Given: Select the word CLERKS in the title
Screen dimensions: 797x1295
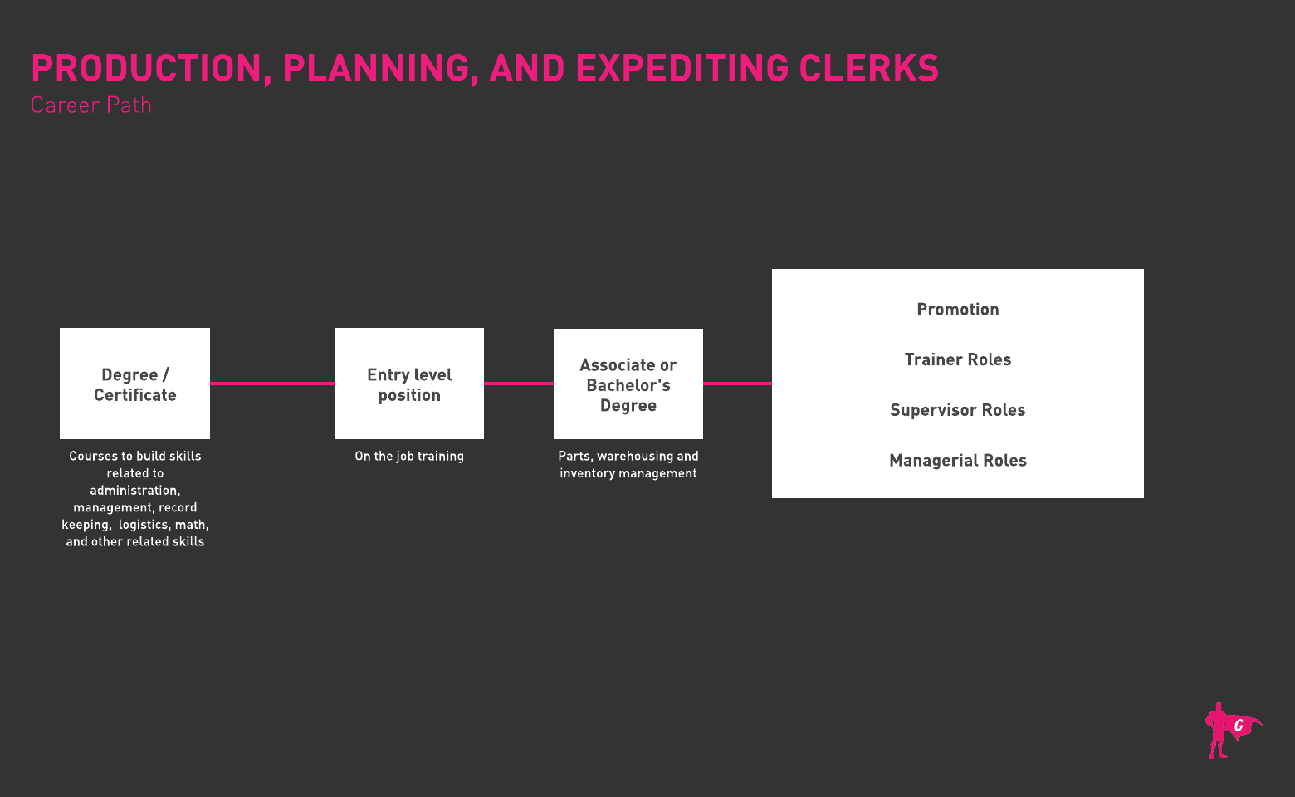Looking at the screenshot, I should click(868, 68).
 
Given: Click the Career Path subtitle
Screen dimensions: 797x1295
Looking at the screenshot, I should click(91, 105).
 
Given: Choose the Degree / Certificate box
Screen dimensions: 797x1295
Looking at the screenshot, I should click(134, 384).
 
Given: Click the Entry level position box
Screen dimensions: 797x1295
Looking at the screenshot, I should click(409, 384).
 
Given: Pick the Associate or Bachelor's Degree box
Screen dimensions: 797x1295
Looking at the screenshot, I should click(628, 384).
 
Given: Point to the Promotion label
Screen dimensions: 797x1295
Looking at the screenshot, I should click(957, 310).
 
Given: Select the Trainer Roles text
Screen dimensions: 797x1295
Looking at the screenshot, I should click(957, 359).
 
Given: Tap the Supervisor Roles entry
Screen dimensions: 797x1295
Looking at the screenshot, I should click(957, 410).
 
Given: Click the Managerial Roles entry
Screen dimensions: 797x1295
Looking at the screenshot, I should click(957, 461).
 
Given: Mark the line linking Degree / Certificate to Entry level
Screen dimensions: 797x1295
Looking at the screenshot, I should click(272, 384).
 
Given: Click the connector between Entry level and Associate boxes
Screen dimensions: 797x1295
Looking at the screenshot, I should click(519, 384).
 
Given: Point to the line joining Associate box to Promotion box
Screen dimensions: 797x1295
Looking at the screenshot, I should click(737, 384).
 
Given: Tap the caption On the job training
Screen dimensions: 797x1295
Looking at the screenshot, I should click(409, 456).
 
